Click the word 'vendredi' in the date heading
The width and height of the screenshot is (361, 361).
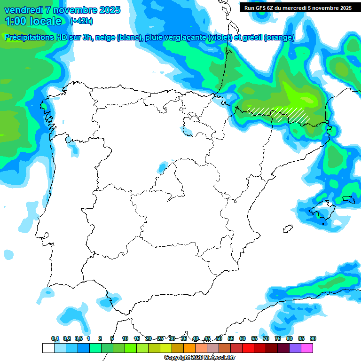[x=23, y=10]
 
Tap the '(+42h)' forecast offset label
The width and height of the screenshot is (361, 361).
[x=81, y=21]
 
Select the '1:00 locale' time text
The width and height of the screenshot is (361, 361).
[x=33, y=21]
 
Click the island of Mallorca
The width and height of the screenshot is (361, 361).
[x=324, y=209]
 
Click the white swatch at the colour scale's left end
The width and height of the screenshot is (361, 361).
[x=48, y=348]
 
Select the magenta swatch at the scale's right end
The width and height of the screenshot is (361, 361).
[x=306, y=348]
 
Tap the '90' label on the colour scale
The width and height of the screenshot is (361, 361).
[x=313, y=339]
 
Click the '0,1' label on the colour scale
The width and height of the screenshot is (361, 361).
[x=55, y=339]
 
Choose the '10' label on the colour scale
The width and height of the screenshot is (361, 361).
[x=125, y=339]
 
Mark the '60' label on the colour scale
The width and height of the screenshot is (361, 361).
[x=242, y=339]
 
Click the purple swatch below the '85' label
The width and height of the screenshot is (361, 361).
[x=295, y=348]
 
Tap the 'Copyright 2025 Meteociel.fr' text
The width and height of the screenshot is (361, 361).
[x=200, y=358]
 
